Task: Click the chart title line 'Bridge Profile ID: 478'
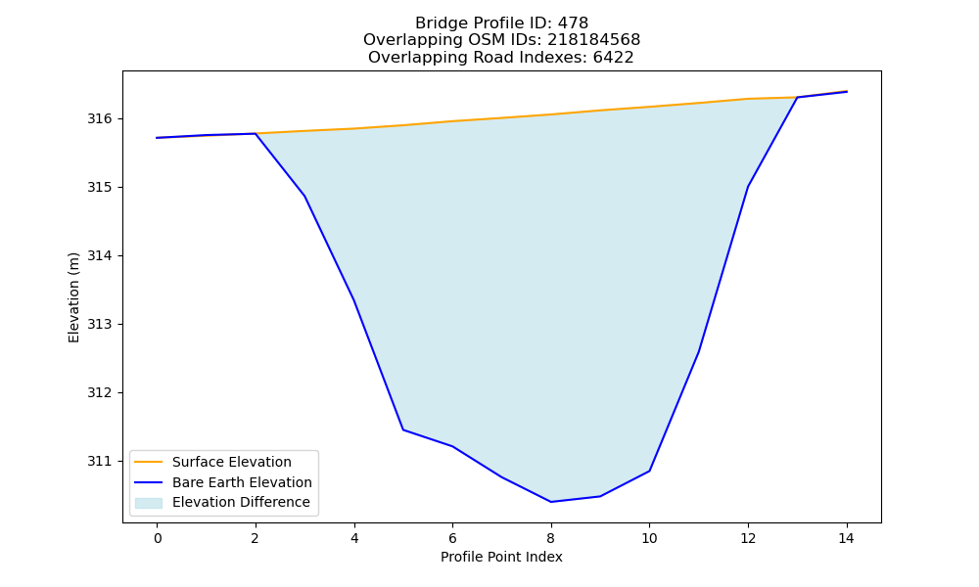click(x=501, y=23)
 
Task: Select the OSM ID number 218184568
click(x=594, y=40)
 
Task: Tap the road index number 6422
click(x=613, y=58)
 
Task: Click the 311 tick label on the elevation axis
click(x=99, y=461)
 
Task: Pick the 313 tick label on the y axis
click(x=99, y=325)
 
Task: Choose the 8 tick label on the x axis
click(x=550, y=538)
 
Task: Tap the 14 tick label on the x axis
click(x=846, y=538)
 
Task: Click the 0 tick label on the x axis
click(x=158, y=538)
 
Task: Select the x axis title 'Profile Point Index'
click(x=501, y=557)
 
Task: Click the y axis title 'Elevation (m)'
click(x=74, y=297)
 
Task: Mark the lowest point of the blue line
click(x=550, y=502)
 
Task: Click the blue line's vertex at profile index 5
click(x=403, y=429)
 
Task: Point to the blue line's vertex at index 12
click(x=748, y=187)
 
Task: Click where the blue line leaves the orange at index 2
click(x=256, y=133)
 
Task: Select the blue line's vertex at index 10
click(x=649, y=471)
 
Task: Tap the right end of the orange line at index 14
click(x=847, y=91)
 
